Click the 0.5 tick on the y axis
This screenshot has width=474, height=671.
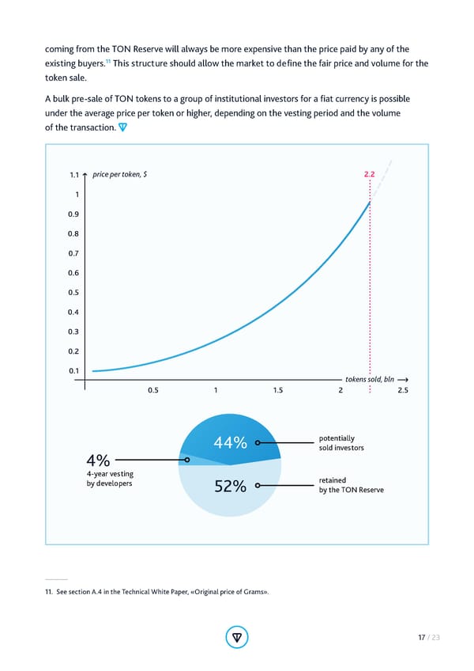pyautogui.click(x=73, y=293)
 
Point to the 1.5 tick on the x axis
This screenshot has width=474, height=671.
pyautogui.click(x=278, y=390)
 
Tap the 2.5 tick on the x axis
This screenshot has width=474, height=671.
pyautogui.click(x=402, y=390)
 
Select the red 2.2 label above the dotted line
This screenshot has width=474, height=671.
pyautogui.click(x=369, y=174)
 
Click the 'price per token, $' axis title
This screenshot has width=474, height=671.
pyautogui.click(x=126, y=174)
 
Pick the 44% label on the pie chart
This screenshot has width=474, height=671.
pyautogui.click(x=230, y=442)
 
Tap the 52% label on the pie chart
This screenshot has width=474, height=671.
pyautogui.click(x=230, y=487)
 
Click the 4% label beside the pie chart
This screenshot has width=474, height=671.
pyautogui.click(x=99, y=460)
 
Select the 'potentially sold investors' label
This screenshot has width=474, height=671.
pyautogui.click(x=340, y=443)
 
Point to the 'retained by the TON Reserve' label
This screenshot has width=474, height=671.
pyautogui.click(x=350, y=485)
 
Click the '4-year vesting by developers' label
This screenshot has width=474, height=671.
pyautogui.click(x=110, y=479)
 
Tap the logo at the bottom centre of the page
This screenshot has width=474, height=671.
pyautogui.click(x=237, y=637)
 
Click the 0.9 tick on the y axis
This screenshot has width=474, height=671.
pyautogui.click(x=73, y=214)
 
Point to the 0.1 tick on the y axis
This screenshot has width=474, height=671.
pyautogui.click(x=73, y=370)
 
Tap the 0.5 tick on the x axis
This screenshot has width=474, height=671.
pyautogui.click(x=154, y=390)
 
